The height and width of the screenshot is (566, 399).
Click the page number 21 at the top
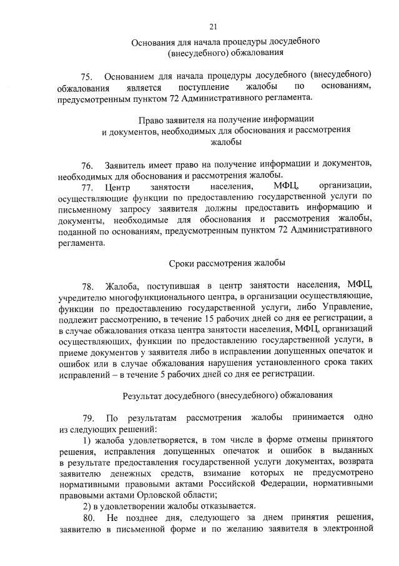click(213, 26)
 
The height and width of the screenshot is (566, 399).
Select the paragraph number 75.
click(87, 76)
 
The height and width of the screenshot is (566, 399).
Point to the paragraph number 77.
click(87, 187)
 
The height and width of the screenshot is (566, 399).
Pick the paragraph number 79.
click(87, 418)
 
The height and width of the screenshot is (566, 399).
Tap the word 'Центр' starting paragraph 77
click(117, 187)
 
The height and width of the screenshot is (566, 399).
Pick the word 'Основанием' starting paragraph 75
click(131, 76)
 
